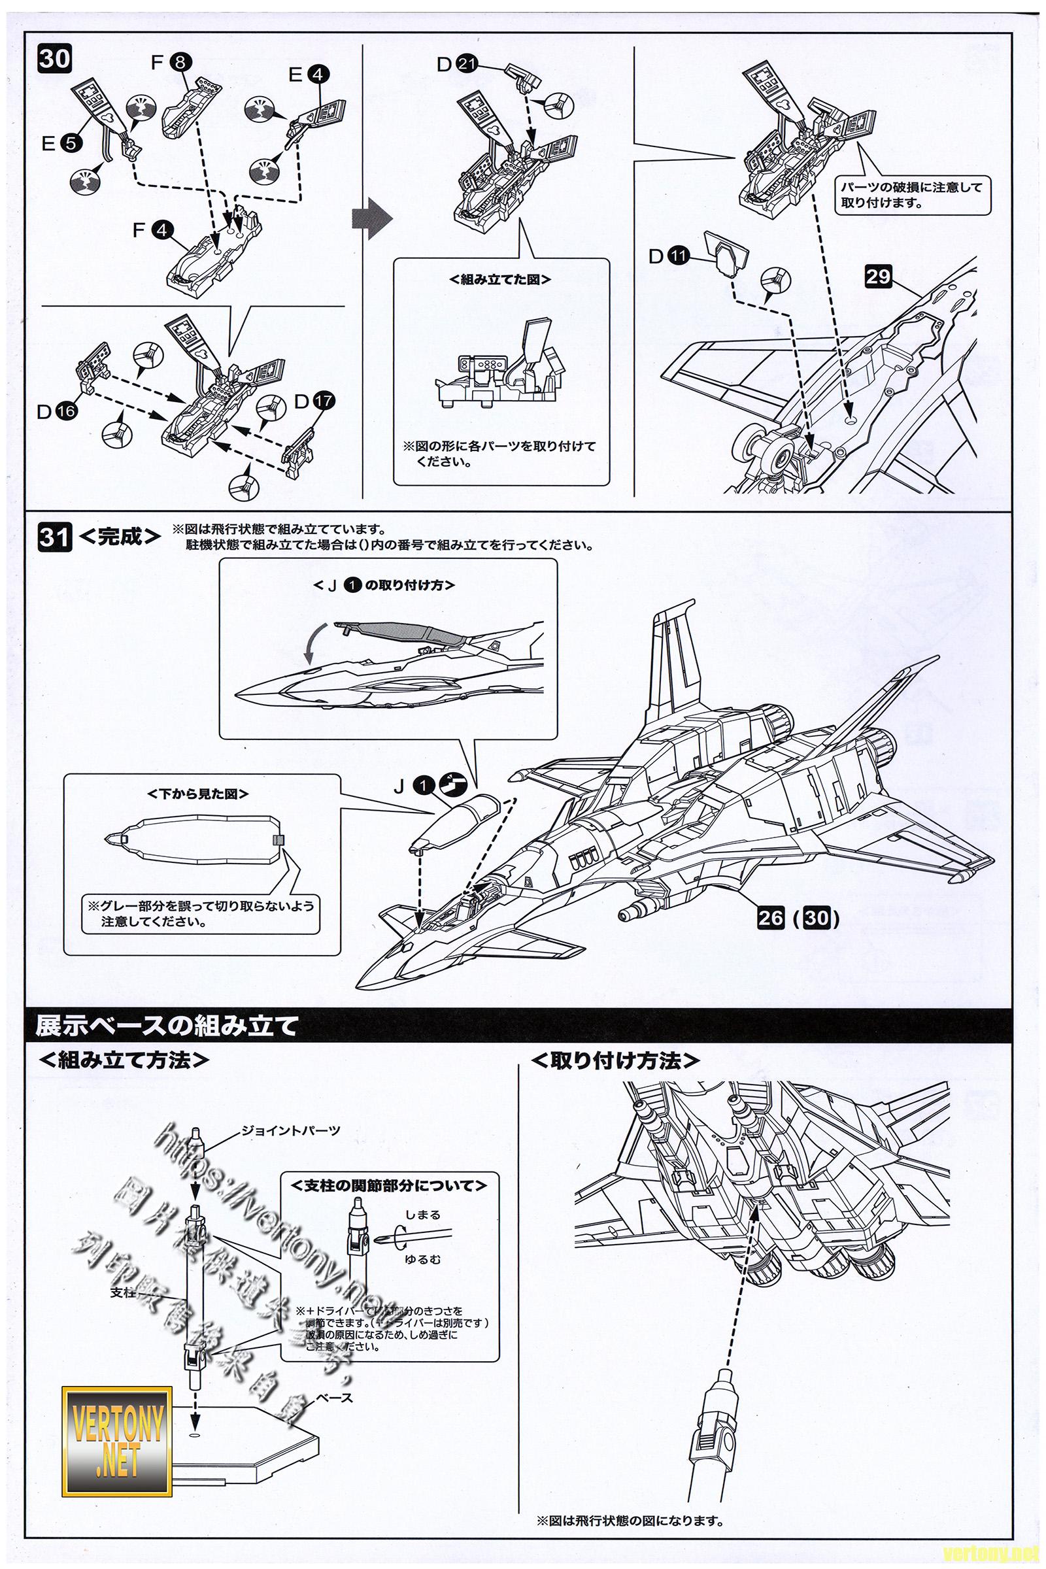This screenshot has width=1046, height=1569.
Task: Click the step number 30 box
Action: click(54, 59)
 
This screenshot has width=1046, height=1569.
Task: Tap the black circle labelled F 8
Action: click(180, 63)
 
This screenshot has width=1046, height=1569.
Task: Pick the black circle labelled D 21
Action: click(467, 65)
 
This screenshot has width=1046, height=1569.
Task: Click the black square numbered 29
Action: click(879, 275)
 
